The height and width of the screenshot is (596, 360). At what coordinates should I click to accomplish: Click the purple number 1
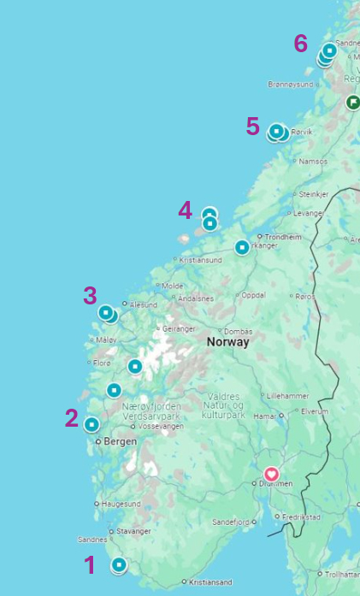click(90, 564)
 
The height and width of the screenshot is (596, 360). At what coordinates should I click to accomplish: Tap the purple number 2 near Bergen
click(72, 418)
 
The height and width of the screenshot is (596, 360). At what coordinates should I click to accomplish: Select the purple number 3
click(90, 296)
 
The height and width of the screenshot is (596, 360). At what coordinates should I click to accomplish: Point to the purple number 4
click(186, 210)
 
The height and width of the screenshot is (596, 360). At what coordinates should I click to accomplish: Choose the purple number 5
click(252, 127)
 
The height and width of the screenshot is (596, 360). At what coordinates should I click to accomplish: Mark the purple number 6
click(300, 43)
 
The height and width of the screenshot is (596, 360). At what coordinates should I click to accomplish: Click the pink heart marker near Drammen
click(271, 474)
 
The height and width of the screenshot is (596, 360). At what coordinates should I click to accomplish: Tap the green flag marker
click(352, 103)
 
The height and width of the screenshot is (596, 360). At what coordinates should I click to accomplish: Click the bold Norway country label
click(227, 342)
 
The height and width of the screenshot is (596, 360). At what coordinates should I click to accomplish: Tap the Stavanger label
click(134, 531)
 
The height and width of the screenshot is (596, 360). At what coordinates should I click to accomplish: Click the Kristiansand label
click(210, 582)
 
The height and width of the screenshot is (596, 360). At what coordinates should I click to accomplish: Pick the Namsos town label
click(312, 162)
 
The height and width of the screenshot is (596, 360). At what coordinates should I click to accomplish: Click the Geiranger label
click(180, 328)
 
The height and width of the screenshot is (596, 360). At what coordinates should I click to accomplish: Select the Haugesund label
click(121, 505)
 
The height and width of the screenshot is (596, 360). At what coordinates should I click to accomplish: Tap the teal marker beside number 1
click(119, 564)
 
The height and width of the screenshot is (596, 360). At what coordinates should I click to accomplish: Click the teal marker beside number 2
click(91, 424)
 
